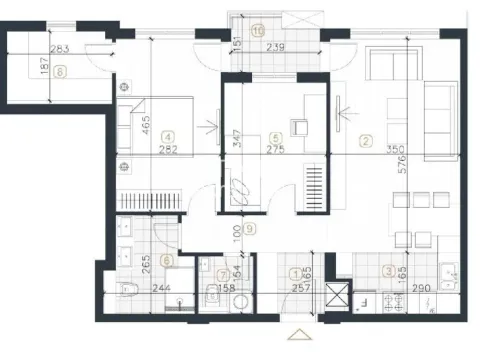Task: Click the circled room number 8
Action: point(61,71)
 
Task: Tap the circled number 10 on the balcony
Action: point(259,30)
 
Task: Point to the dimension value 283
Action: point(60,49)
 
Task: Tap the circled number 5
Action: point(275,138)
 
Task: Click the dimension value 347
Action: point(236,132)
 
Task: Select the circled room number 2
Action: point(367,141)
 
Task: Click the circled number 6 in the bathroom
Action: point(166,259)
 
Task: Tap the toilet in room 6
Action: point(126,291)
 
